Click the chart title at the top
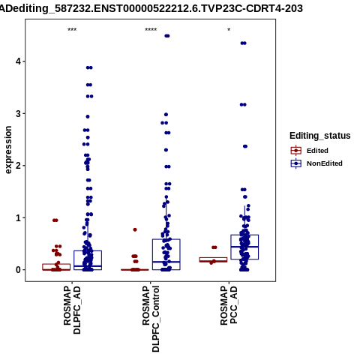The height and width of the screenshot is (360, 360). tap(151, 8)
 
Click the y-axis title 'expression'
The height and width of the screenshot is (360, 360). tap(8, 150)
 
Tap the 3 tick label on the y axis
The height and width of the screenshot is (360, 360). tap(19, 113)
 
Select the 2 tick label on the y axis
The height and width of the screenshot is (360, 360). tap(19, 166)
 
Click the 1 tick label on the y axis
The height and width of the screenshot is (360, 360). tap(19, 217)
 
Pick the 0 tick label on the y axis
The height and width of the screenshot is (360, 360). tap(19, 270)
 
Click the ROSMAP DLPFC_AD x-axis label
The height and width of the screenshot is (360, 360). tap(72, 310)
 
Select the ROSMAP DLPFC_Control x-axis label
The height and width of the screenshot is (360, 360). tap(151, 319)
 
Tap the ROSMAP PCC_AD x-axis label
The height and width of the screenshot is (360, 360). tap(229, 305)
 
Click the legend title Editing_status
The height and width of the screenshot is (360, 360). tap(320, 136)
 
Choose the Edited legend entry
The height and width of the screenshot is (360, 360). tap(317, 151)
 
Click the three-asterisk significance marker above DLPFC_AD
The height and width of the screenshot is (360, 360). tap(72, 30)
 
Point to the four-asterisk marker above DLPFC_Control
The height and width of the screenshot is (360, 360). tap(151, 30)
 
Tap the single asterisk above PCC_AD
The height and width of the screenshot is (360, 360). tap(229, 30)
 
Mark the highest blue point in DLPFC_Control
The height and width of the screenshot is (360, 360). tap(167, 36)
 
